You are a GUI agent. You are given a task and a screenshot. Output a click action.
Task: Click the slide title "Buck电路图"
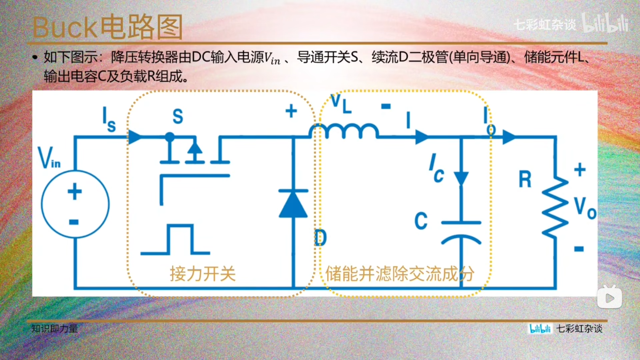point(107,27)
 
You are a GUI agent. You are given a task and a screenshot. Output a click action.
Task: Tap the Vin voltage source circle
point(75,204)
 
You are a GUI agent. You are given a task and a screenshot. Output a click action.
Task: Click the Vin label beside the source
point(49,158)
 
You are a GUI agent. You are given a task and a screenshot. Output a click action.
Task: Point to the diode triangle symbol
point(293,204)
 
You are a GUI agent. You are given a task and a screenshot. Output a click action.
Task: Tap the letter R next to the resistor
point(525,179)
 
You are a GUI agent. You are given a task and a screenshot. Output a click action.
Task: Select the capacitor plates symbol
point(461,232)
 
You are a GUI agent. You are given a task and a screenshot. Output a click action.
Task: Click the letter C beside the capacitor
point(421,221)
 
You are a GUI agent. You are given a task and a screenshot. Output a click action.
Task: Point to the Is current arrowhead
point(135,137)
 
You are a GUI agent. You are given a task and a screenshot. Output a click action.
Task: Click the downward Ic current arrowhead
point(461,179)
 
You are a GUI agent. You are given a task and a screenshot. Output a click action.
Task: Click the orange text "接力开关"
point(203,274)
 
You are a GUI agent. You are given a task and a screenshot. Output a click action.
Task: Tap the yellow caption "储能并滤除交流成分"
point(399,274)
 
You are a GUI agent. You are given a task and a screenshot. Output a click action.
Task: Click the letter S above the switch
point(178,117)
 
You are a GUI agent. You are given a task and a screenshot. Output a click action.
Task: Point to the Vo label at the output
point(585,208)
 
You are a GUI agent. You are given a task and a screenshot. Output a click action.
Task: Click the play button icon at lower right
point(609,297)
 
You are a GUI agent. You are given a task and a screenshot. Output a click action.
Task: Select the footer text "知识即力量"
point(54,329)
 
